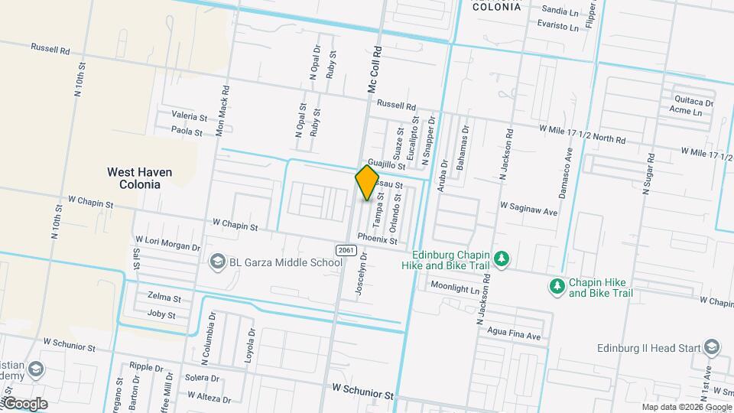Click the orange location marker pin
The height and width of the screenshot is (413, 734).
click(x=367, y=183)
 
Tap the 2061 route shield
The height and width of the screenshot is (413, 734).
click(x=345, y=250)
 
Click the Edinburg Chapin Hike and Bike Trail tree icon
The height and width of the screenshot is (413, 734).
click(x=501, y=259)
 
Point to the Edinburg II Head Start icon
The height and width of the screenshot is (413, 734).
click(x=712, y=348)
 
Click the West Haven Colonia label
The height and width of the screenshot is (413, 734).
click(x=139, y=178)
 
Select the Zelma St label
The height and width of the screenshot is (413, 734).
click(x=164, y=298)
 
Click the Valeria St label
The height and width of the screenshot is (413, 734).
click(x=190, y=117)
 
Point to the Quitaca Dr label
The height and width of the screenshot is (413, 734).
click(x=693, y=101)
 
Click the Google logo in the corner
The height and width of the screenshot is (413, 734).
click(x=24, y=404)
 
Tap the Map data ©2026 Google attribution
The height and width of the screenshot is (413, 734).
click(x=686, y=407)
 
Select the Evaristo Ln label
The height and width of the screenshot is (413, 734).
click(x=558, y=25)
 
